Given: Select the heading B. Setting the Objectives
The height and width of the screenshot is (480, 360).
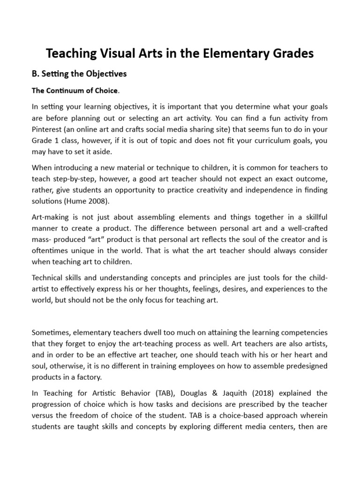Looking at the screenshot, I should pyautogui.click(x=79, y=74).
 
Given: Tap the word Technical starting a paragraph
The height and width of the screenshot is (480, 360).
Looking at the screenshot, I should pyautogui.click(x=48, y=277).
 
